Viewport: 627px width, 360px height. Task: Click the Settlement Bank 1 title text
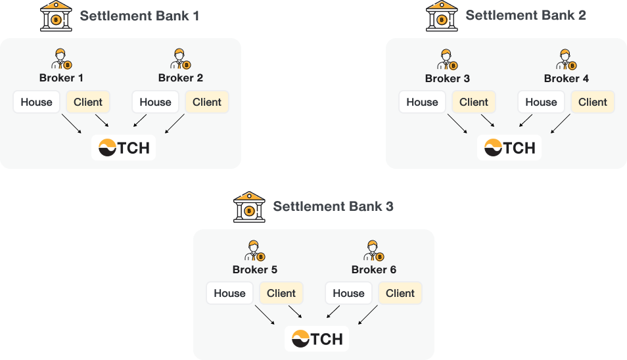point(139,15)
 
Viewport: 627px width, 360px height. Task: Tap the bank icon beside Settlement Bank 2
point(442,16)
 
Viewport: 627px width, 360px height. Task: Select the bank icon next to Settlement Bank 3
point(249,207)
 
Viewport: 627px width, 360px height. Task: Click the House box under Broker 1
point(37,102)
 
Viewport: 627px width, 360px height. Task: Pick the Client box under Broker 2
point(207,102)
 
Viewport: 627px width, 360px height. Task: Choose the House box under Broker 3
point(422,102)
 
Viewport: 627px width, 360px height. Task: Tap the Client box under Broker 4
point(593,102)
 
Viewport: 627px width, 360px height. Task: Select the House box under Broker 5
point(229,293)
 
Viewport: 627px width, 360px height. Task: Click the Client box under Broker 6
point(400,293)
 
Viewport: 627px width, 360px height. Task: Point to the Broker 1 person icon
point(61,59)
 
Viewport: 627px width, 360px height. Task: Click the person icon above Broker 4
point(566,59)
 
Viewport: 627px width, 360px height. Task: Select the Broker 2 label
point(181,78)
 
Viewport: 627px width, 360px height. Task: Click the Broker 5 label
point(255,269)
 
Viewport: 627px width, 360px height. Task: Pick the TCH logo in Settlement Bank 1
point(124,148)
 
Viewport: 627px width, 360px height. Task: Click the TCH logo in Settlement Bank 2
point(510,148)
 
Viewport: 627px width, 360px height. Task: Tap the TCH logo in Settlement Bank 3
point(317,339)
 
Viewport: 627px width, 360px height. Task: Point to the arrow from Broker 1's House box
point(71,124)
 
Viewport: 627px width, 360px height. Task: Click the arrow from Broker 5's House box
point(264,315)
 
